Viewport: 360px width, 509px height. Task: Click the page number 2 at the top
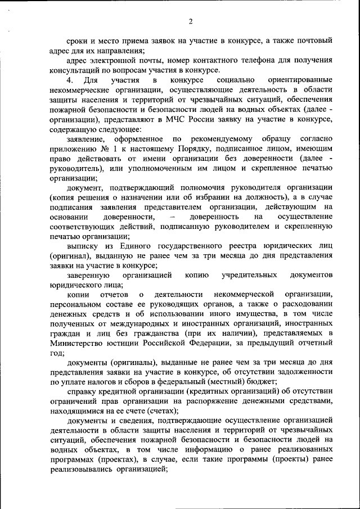click(x=191, y=21)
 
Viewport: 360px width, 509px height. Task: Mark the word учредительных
click(x=249, y=275)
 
